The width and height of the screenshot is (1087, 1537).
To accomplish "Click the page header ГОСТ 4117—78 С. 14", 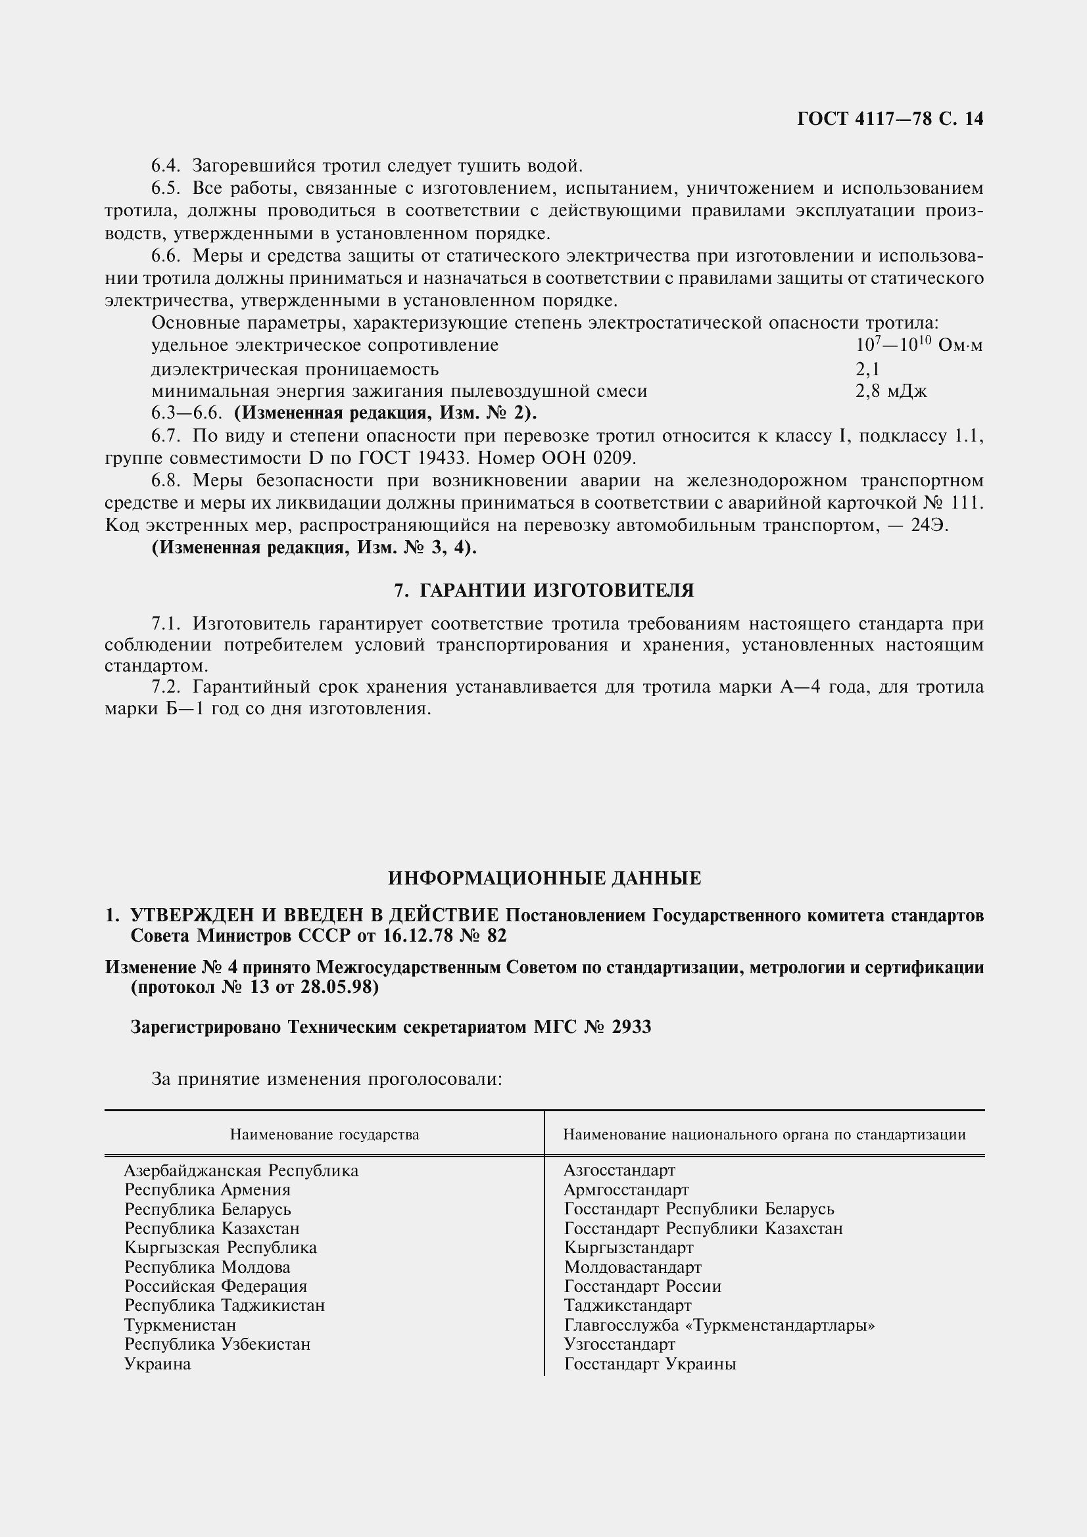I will pyautogui.click(x=890, y=119).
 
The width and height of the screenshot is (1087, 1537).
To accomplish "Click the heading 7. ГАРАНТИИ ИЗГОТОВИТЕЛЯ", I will pyautogui.click(x=544, y=591).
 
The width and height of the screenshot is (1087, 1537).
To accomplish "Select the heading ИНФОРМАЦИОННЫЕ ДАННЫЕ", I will pyautogui.click(x=544, y=879).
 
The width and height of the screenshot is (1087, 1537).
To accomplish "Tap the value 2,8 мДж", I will pyautogui.click(x=891, y=392).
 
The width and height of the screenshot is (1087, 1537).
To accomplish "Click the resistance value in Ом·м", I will pyautogui.click(x=919, y=346).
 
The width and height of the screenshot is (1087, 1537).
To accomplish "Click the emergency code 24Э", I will pyautogui.click(x=930, y=526).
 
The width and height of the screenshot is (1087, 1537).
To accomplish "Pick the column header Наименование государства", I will pyautogui.click(x=324, y=1135).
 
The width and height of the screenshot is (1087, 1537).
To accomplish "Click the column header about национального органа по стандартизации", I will pyautogui.click(x=764, y=1135).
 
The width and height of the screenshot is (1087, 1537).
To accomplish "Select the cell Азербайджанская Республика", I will pyautogui.click(x=241, y=1171).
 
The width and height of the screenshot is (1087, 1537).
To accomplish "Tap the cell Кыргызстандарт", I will pyautogui.click(x=628, y=1248).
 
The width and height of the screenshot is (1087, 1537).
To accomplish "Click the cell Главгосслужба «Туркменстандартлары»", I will pyautogui.click(x=719, y=1325).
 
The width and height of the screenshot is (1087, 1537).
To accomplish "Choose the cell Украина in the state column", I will pyautogui.click(x=157, y=1364).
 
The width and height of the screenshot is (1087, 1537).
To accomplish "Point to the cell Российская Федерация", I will pyautogui.click(x=216, y=1287).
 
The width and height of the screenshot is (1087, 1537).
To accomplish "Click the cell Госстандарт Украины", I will pyautogui.click(x=650, y=1364).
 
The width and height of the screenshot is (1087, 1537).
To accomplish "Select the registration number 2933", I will pyautogui.click(x=630, y=1027).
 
